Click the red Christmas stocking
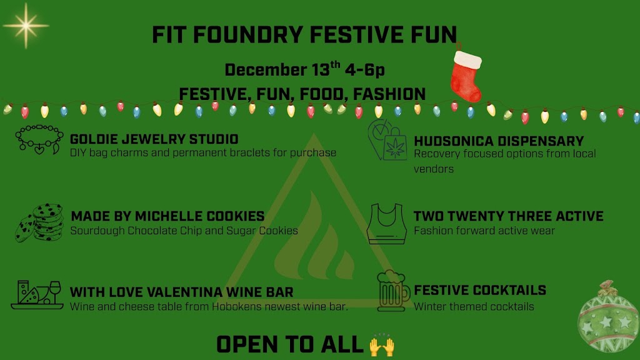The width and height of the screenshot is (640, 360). click(466, 75)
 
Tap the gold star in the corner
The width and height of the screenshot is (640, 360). click(26, 26)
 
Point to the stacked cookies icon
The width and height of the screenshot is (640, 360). click(39, 222)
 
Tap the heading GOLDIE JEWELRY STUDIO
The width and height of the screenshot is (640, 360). click(154, 139)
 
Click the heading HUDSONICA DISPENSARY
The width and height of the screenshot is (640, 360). click(499, 141)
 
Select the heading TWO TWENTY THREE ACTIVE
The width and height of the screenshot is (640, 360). click(508, 216)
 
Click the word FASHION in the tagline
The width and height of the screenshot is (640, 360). click(389, 94)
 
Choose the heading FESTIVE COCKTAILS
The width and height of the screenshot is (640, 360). click(479, 290)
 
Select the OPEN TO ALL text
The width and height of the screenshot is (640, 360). click(290, 345)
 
